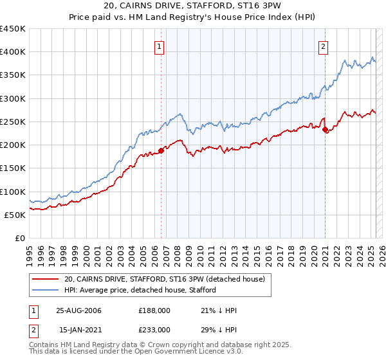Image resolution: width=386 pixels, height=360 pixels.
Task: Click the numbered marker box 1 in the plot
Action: tap(159, 46)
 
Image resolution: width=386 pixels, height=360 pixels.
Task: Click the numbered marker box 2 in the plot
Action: tap(322, 46)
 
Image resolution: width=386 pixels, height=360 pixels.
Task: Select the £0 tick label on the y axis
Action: tap(19, 238)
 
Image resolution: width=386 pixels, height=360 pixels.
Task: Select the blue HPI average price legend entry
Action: tap(140, 290)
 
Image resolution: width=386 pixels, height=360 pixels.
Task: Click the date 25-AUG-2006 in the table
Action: tap(78, 310)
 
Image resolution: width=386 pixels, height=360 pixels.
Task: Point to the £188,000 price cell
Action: tap(154, 310)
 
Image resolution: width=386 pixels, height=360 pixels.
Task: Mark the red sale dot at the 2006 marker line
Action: tap(161, 150)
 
